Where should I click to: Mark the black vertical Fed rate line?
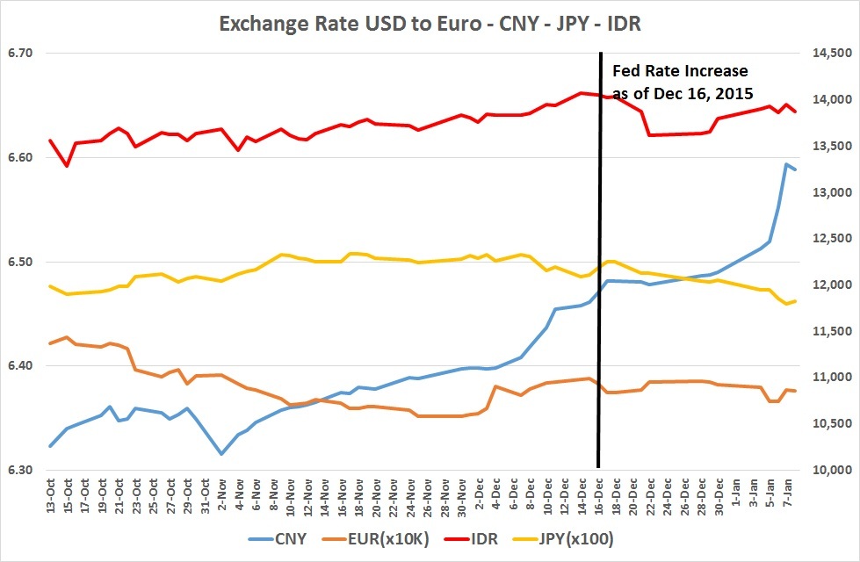pyautogui.click(x=599, y=263)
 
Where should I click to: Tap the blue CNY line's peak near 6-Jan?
pyautogui.click(x=786, y=164)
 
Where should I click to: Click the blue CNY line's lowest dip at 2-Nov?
pyautogui.click(x=221, y=453)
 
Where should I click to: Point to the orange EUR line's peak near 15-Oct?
pyautogui.click(x=67, y=337)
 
